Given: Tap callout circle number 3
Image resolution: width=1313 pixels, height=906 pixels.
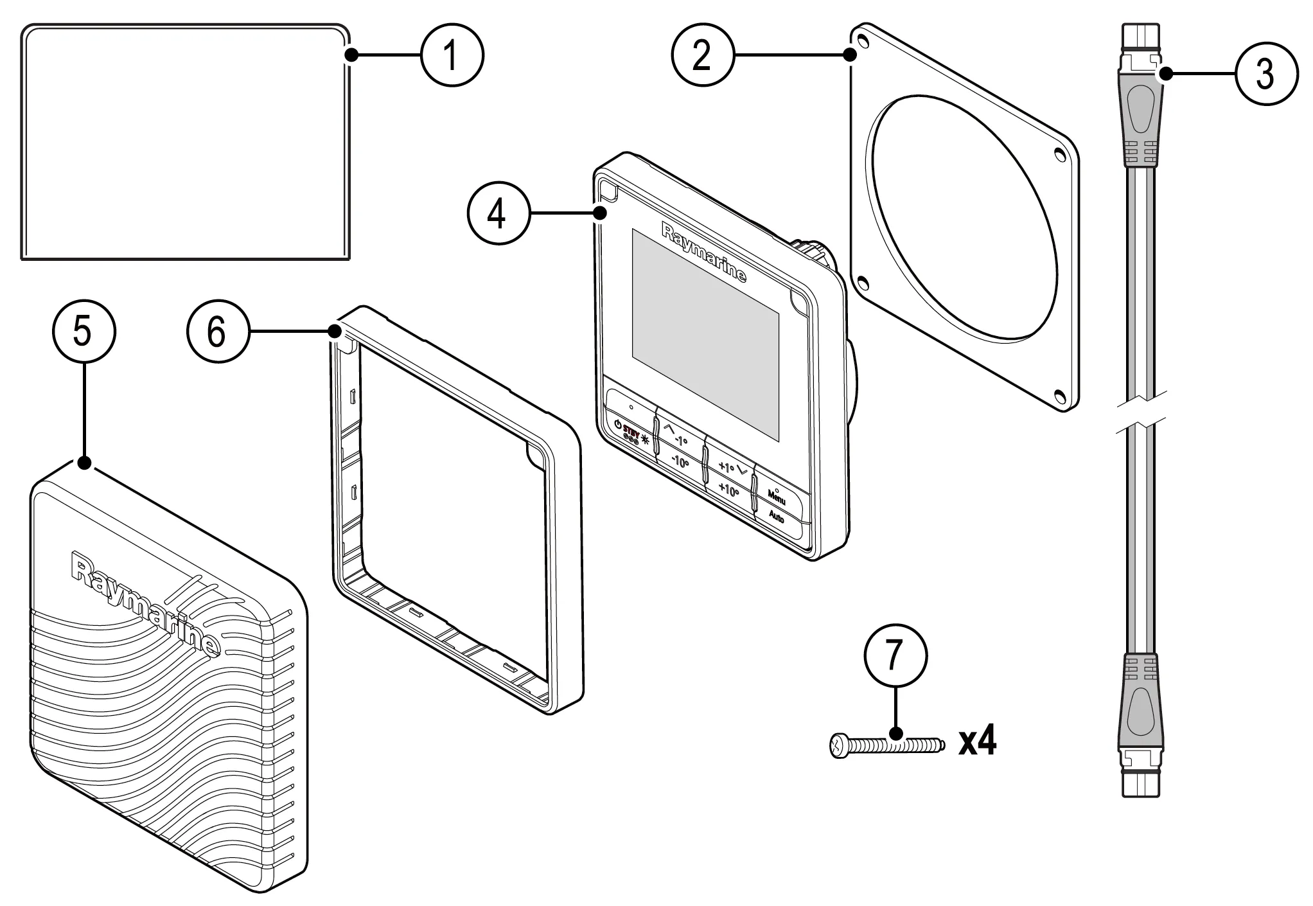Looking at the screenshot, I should [1265, 74].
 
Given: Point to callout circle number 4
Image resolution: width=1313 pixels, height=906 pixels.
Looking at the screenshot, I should [498, 213].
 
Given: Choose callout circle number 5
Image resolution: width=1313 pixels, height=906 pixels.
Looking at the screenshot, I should [83, 332].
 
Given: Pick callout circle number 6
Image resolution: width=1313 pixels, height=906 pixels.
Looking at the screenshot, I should [217, 332].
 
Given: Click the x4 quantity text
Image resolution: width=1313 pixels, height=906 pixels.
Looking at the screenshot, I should [977, 742].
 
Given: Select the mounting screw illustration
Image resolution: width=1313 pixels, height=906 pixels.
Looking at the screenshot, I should [887, 746].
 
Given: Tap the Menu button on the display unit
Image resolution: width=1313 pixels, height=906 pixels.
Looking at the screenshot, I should [776, 497].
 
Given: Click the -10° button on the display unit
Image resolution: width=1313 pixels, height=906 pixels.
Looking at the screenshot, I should [680, 461].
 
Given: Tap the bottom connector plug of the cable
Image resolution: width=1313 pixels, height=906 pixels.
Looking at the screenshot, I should [1141, 720].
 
